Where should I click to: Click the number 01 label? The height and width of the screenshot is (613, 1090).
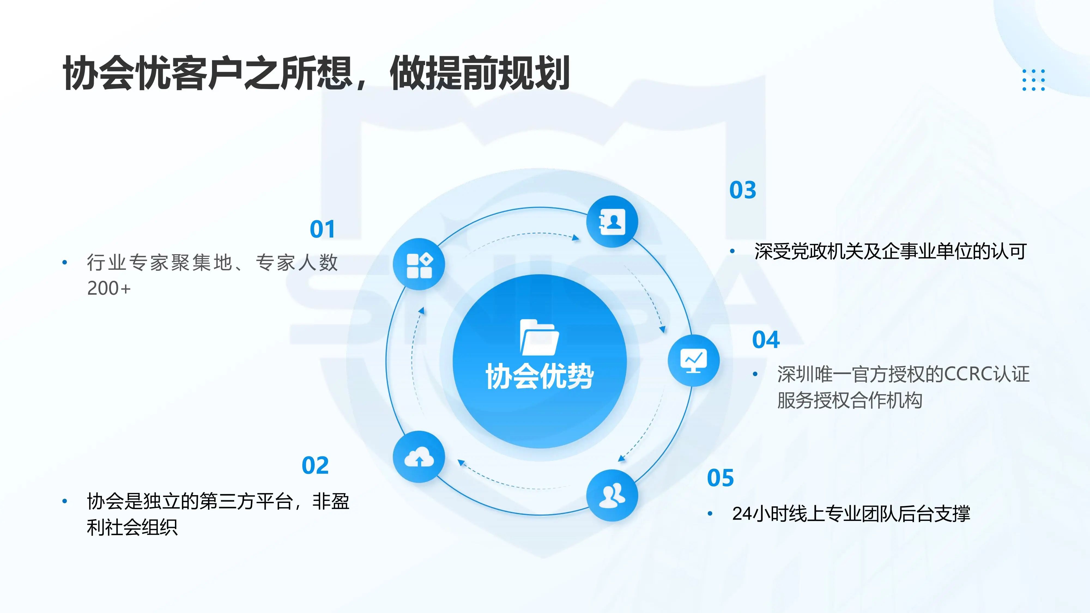(322, 229)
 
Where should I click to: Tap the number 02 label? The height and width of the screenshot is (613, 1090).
(315, 466)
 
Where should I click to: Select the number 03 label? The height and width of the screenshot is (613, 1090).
(743, 190)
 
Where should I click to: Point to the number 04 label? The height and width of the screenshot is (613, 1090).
(766, 340)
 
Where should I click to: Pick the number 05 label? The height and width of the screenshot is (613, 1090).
(720, 478)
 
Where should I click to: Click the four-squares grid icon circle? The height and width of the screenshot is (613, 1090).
(419, 264)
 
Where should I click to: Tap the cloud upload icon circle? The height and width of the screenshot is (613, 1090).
(419, 457)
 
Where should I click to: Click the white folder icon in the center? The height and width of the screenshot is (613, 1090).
(539, 337)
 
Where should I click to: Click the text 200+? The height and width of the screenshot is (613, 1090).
(109, 289)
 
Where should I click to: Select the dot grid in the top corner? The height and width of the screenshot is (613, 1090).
(1033, 80)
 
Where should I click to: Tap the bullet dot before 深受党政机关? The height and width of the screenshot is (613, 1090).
(732, 251)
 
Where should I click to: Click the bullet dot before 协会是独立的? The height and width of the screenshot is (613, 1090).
(65, 501)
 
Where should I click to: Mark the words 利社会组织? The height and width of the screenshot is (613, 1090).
(132, 527)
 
